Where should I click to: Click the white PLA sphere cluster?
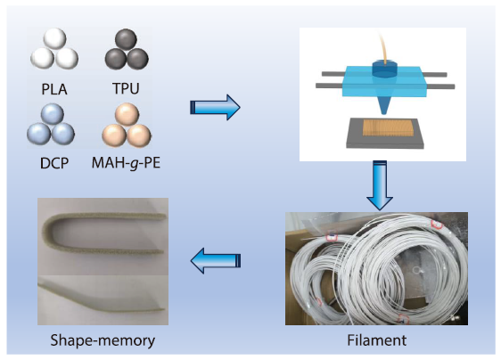(x=53, y=48)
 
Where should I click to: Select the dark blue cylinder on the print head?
(x=384, y=70)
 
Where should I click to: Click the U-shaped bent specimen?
(x=98, y=231)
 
